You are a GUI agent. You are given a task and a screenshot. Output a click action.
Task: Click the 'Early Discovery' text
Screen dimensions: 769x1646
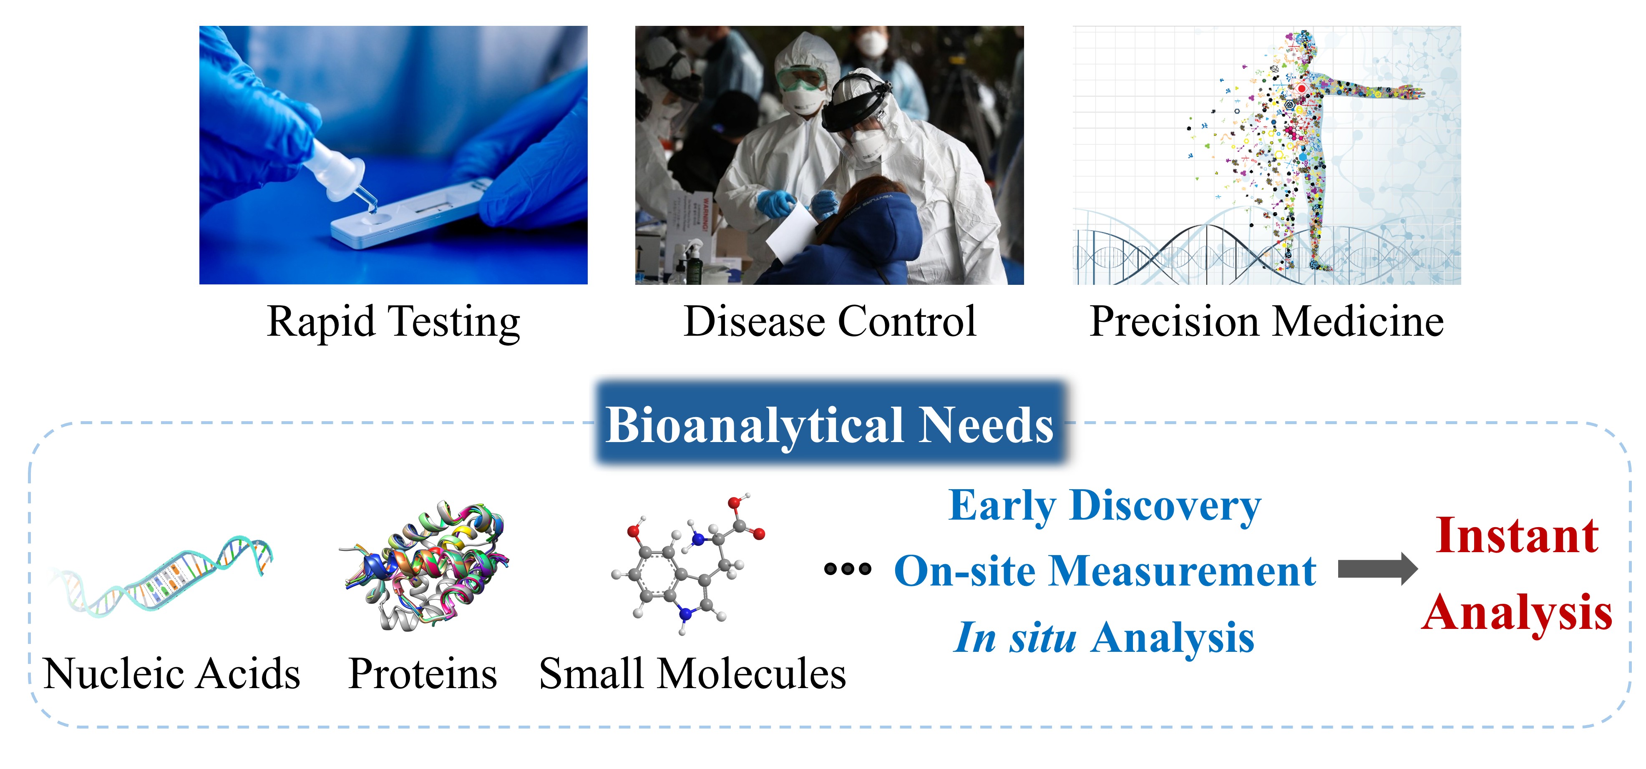[1105, 506]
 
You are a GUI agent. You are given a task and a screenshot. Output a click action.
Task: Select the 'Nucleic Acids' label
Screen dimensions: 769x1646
[172, 674]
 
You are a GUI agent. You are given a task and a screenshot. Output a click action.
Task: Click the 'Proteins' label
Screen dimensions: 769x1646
[423, 674]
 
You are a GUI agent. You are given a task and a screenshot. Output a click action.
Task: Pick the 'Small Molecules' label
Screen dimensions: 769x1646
[693, 674]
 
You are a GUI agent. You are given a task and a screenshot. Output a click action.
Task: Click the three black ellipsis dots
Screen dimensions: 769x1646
[847, 568]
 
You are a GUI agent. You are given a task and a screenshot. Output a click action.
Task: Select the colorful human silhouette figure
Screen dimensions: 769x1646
[1310, 147]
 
